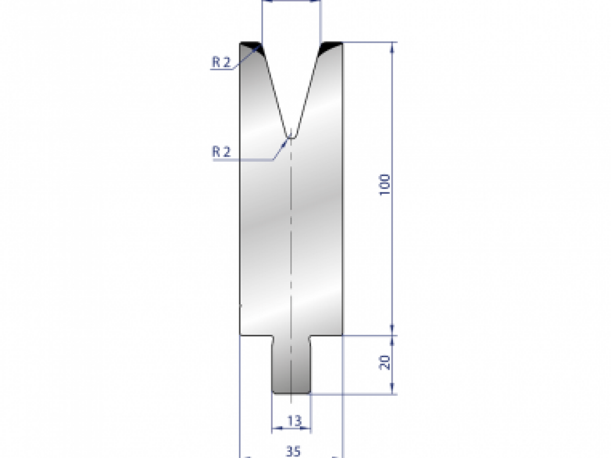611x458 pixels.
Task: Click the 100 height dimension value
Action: coord(385,185)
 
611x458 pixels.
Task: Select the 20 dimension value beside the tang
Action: coord(385,362)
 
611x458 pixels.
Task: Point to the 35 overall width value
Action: coord(292,450)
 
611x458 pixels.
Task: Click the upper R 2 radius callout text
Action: coord(221,63)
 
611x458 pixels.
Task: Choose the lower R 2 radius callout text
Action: coord(221,152)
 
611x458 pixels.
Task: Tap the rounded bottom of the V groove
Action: coord(291,136)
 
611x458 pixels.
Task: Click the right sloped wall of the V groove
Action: coord(307,92)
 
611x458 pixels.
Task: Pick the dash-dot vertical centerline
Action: coord(291,229)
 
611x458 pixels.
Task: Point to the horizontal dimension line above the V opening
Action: coord(291,2)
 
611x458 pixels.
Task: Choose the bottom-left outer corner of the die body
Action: coord(240,335)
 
